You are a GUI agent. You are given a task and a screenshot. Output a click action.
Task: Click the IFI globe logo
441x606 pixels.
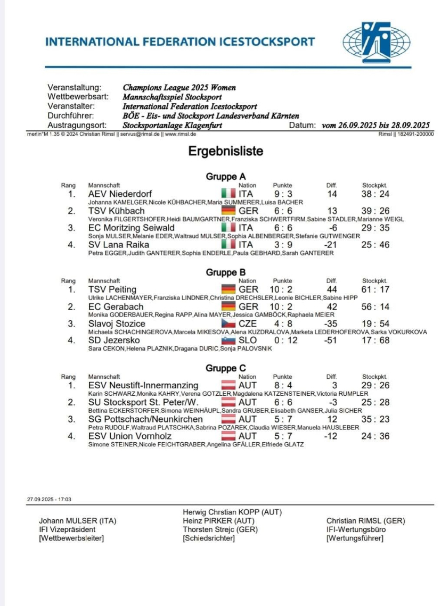click(x=376, y=41)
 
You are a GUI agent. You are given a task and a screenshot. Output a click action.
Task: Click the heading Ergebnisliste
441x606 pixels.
click(x=225, y=152)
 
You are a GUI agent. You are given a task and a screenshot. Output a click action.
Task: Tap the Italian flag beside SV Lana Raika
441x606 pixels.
click(x=227, y=245)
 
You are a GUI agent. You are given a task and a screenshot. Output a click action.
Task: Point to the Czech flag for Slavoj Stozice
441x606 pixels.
click(x=227, y=323)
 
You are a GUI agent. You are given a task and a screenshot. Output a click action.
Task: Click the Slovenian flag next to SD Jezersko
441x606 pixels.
click(x=227, y=341)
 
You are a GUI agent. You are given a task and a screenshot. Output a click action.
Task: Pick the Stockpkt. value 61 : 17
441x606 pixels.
click(x=375, y=289)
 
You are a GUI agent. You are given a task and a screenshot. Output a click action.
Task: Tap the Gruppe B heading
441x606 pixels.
click(x=222, y=272)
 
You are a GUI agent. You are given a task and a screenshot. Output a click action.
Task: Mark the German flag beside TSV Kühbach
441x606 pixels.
click(x=227, y=211)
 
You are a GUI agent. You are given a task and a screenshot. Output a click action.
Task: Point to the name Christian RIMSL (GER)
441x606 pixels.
click(x=365, y=521)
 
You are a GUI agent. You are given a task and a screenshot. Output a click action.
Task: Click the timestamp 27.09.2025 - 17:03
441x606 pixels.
click(x=49, y=500)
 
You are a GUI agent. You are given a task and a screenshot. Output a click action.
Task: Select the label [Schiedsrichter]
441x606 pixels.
click(x=208, y=538)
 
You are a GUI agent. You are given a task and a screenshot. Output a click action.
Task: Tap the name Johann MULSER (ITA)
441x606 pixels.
click(x=78, y=521)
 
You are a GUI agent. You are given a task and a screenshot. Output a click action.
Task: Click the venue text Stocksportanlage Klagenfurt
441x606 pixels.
click(x=172, y=126)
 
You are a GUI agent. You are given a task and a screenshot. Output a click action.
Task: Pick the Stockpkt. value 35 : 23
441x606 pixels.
click(x=375, y=419)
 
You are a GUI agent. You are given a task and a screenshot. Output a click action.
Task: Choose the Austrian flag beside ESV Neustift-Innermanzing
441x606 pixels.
click(x=227, y=385)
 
